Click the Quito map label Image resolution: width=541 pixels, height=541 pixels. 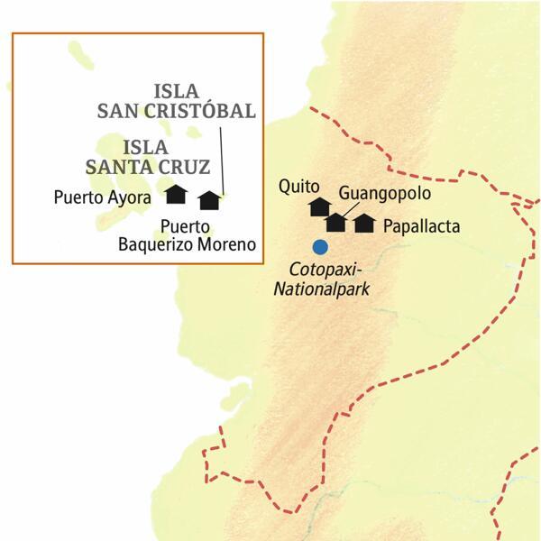300,188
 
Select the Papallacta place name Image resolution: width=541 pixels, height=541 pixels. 421,225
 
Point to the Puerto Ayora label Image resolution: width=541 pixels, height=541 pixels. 101,195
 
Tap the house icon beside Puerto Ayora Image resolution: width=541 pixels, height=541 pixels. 176,193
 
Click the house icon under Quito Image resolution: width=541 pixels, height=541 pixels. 318,207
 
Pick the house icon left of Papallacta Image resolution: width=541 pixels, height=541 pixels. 364,223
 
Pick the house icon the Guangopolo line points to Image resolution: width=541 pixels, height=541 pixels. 335,221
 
